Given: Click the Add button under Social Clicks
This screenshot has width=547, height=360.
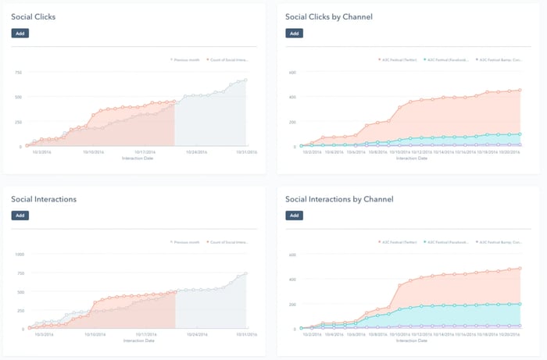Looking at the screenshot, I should click(20, 34).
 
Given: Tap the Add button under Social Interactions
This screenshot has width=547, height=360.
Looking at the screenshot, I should click(20, 215).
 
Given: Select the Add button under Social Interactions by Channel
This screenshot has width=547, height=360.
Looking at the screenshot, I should click(294, 215).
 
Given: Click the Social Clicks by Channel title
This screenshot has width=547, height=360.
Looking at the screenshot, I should click(328, 16).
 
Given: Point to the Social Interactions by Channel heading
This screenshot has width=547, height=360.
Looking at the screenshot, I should click(339, 198).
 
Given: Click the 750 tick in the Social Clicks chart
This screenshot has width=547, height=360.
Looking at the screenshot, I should click(17, 73).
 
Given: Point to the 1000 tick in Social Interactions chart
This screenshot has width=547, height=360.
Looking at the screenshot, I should click(19, 254).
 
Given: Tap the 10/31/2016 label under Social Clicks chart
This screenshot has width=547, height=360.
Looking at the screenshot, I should click(236, 152).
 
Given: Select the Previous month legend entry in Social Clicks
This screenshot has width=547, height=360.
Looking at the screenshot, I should click(186, 59).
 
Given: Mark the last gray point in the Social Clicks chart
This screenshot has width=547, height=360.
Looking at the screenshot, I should click(246, 80).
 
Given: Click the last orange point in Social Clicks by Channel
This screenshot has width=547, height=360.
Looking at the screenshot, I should click(520, 90).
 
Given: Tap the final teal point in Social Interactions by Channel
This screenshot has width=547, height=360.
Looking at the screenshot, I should click(520, 304).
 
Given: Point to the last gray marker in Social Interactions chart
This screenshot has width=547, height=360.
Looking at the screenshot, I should click(246, 273).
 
